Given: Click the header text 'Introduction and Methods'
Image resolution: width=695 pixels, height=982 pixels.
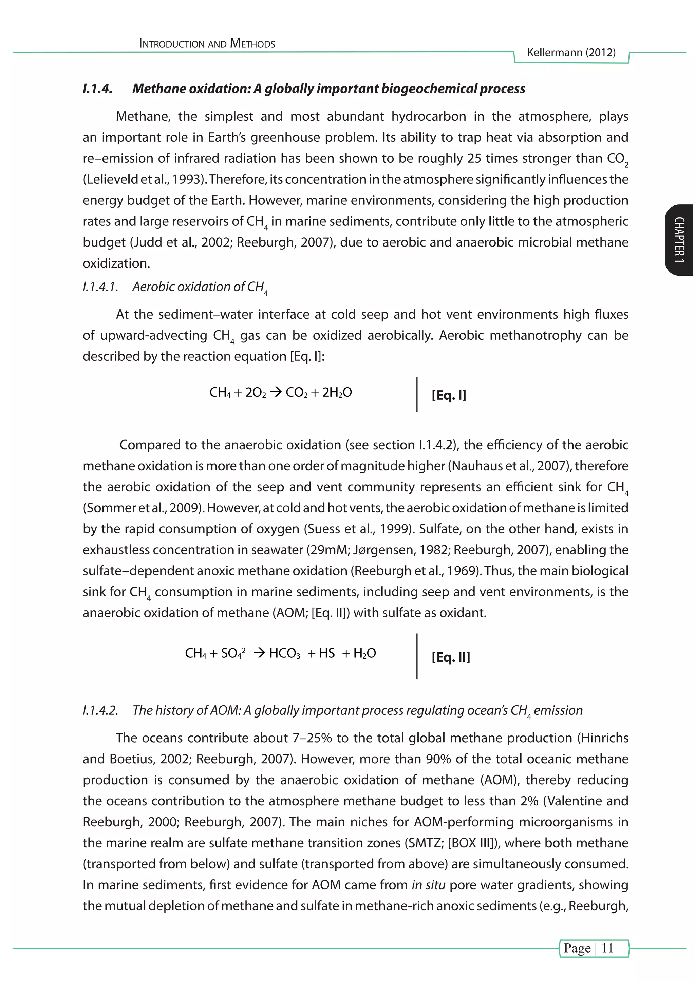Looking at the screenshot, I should coord(207,44).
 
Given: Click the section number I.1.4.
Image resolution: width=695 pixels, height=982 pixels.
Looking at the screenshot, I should coord(98,89).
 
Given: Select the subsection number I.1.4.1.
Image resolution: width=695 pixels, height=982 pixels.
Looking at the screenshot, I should coord(100,287).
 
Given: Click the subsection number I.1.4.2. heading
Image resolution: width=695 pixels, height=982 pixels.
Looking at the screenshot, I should coord(100,710).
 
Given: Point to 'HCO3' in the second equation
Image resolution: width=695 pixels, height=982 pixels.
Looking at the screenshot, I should coord(285,653).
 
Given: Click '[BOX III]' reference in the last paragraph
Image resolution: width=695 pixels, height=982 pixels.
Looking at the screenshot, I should coord(472,843).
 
